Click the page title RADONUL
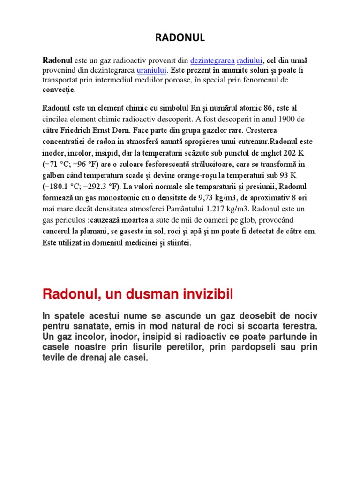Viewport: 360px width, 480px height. coord(180,38)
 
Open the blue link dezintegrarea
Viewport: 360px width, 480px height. coord(212,60)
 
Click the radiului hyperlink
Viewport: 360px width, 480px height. coord(250,60)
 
